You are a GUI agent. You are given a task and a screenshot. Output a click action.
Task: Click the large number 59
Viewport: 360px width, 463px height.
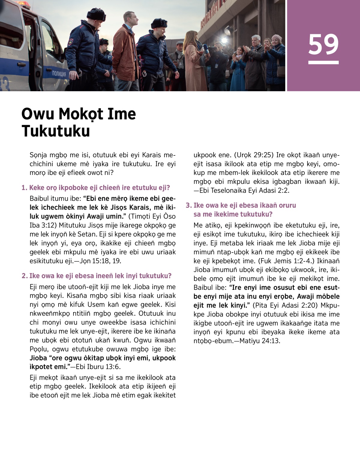[323, 44]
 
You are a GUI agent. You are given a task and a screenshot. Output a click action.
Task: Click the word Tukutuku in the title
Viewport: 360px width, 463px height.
[56, 131]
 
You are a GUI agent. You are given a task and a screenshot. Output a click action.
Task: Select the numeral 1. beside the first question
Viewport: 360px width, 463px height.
[24, 188]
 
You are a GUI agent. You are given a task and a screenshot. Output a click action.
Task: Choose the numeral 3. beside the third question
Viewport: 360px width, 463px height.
[188, 206]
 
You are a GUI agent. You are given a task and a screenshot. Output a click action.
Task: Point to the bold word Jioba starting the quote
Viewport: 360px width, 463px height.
[38, 358]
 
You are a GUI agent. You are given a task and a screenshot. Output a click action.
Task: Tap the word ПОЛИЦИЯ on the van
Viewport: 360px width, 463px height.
[59, 74]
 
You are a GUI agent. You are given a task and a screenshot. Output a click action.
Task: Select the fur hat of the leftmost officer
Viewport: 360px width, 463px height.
[96, 15]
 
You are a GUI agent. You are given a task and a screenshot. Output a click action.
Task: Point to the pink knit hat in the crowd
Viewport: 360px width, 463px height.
[277, 38]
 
